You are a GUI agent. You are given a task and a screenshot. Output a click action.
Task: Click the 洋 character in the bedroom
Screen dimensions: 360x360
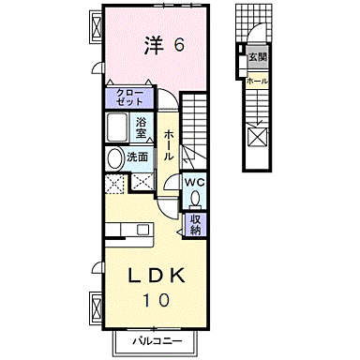click(x=153, y=43)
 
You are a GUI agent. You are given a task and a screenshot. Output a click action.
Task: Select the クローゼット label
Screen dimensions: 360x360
click(x=129, y=97)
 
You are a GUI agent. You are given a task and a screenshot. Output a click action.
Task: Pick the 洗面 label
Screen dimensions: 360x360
click(x=139, y=157)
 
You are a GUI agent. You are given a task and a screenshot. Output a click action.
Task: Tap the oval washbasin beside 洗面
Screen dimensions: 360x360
click(x=113, y=157)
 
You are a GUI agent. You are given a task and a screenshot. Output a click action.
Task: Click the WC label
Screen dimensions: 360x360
click(x=194, y=183)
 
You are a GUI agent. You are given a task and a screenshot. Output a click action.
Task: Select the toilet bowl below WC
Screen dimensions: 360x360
click(x=195, y=199)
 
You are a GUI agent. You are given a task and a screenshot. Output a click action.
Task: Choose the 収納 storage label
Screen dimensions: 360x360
click(x=195, y=223)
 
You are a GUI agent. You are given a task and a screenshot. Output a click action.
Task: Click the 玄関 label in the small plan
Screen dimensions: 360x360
click(x=258, y=58)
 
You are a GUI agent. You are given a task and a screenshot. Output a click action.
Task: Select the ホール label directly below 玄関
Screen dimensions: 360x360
click(x=258, y=82)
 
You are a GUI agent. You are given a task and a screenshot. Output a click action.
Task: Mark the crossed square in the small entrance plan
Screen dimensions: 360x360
click(x=257, y=138)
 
